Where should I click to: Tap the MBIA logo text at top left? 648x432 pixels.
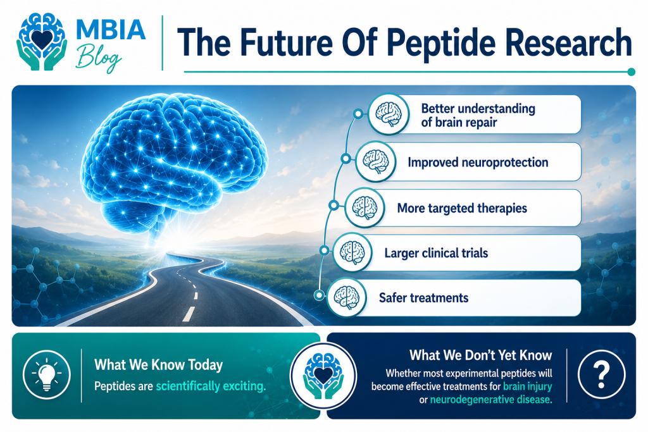(111, 30)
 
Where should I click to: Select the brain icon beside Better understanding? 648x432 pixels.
(389, 114)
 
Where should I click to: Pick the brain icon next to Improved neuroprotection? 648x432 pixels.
(376, 161)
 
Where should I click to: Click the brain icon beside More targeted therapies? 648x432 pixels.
(364, 207)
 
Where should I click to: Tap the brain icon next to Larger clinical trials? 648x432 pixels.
(352, 252)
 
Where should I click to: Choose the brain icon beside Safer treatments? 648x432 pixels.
(346, 297)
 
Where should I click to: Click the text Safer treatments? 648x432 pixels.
(423, 298)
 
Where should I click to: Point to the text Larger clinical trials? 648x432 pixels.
(436, 253)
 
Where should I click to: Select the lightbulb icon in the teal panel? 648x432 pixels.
(47, 374)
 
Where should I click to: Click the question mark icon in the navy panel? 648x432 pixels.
(601, 374)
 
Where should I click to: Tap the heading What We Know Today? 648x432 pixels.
(158, 365)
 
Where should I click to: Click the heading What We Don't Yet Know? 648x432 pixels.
(481, 355)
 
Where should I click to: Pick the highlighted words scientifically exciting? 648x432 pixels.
(211, 386)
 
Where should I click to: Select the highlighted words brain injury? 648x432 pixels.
(527, 386)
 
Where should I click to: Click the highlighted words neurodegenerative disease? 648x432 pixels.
(491, 400)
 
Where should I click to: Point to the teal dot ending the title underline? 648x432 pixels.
(631, 72)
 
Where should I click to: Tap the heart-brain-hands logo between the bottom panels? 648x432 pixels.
(323, 376)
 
